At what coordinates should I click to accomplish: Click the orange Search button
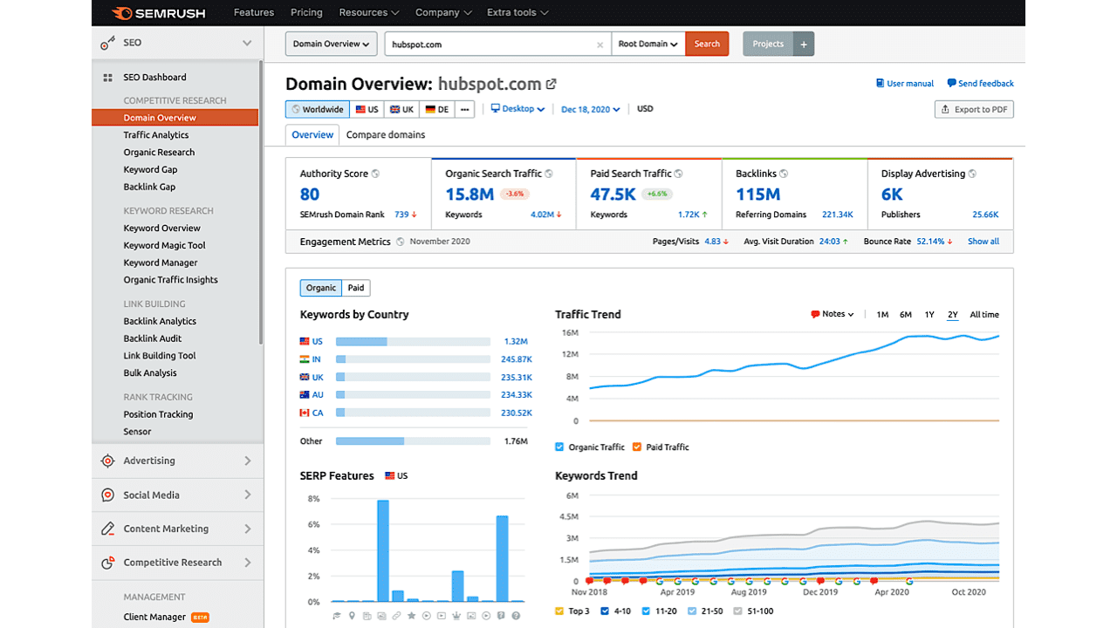point(707,44)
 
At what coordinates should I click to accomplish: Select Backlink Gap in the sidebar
point(149,187)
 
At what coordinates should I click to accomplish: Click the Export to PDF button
point(974,109)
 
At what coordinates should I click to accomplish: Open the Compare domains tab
point(386,134)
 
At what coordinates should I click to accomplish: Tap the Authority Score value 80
point(310,195)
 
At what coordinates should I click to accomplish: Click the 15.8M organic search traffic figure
point(469,195)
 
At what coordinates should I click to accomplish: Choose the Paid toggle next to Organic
point(356,288)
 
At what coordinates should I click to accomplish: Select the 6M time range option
point(906,315)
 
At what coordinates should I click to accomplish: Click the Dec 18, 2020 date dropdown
point(590,109)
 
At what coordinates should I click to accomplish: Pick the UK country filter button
point(401,109)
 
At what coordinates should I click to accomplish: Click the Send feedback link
point(980,84)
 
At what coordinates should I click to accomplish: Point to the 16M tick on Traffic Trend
point(570,333)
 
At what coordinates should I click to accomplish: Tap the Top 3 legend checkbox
point(559,611)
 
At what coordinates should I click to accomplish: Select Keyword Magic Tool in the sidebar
point(164,245)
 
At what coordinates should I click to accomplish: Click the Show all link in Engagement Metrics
point(983,242)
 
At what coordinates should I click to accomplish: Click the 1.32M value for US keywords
point(516,342)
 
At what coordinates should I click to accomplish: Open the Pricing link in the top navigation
point(306,12)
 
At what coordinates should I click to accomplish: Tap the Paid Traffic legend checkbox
point(637,447)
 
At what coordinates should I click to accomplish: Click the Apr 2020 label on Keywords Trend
point(892,592)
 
